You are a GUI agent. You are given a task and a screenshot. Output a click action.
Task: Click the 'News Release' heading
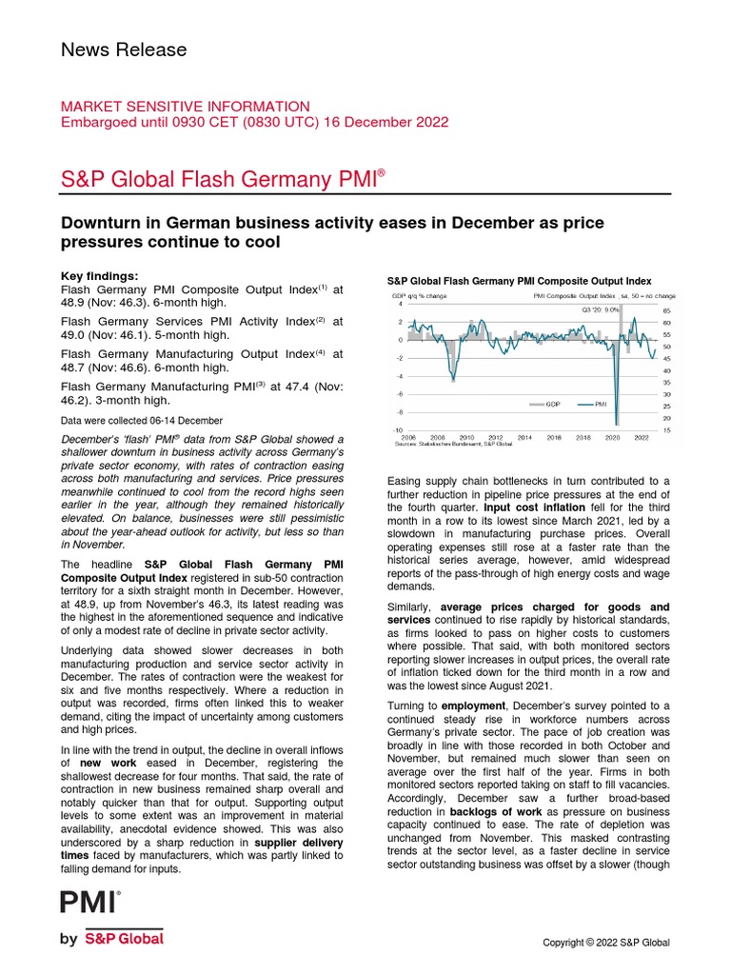click(124, 50)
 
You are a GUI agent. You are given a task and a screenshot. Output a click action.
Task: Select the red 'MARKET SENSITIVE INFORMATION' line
click(185, 107)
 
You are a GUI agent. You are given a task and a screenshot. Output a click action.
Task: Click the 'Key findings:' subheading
click(99, 275)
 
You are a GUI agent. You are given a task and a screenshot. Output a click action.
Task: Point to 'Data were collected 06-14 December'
click(142, 420)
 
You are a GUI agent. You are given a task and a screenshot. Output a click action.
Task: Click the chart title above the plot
click(519, 281)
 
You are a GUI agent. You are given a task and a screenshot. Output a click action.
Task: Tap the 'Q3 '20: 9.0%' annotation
click(600, 309)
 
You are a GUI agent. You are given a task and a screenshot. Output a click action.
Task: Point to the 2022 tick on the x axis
click(642, 436)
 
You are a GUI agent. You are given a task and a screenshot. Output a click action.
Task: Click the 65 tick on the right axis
click(667, 311)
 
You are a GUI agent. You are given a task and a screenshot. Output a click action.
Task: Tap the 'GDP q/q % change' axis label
click(420, 296)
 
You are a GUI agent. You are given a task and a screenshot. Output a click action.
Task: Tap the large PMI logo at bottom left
click(90, 902)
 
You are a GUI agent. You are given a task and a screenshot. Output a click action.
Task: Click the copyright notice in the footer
click(605, 943)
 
